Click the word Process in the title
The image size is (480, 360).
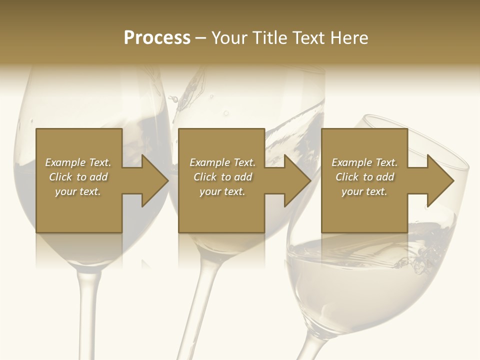click(157, 38)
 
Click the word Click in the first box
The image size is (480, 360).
click(60, 177)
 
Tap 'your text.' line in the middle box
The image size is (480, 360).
click(222, 191)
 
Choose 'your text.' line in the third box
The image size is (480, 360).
click(364, 191)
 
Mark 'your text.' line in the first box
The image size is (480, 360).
click(77, 191)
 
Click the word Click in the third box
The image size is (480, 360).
click(347, 177)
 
